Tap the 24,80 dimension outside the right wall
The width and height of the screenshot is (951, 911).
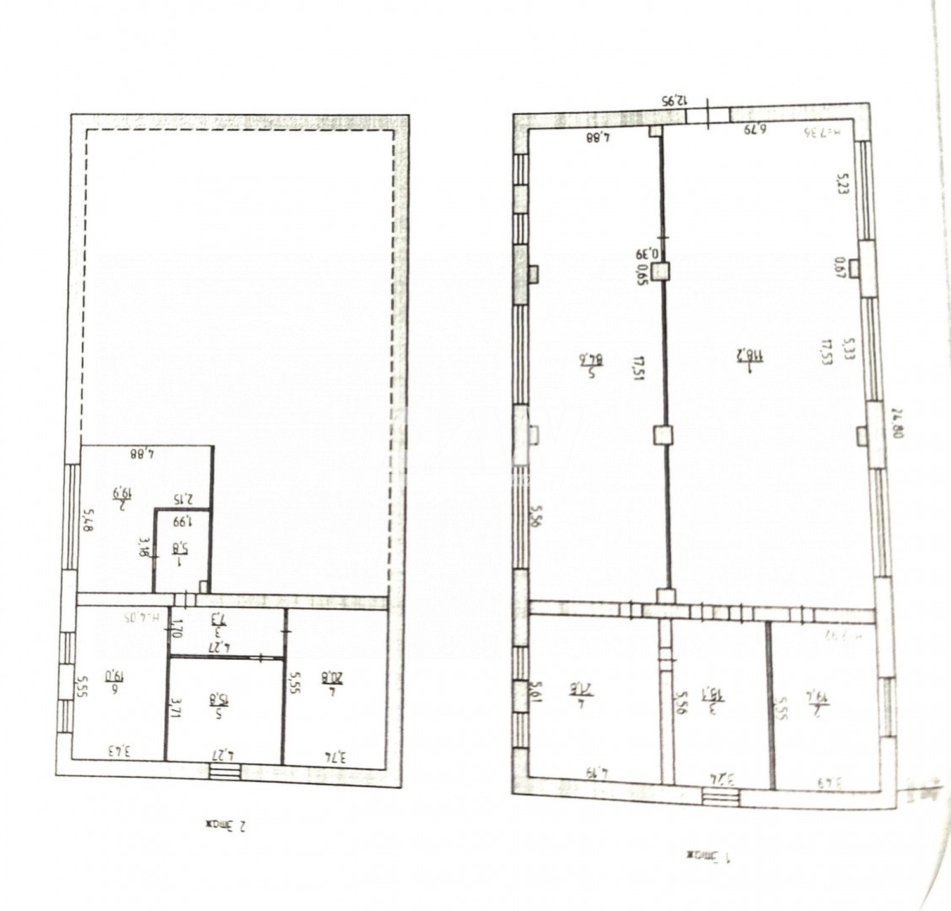tap(897, 423)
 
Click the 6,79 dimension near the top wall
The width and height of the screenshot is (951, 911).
tap(755, 129)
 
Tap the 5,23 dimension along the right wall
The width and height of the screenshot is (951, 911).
tap(842, 183)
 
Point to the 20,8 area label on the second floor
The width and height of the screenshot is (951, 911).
tap(332, 678)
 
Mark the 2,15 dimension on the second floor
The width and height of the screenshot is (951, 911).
tap(183, 499)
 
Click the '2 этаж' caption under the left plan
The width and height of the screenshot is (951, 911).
tap(225, 825)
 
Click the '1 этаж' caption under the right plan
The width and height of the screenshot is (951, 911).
tap(708, 856)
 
